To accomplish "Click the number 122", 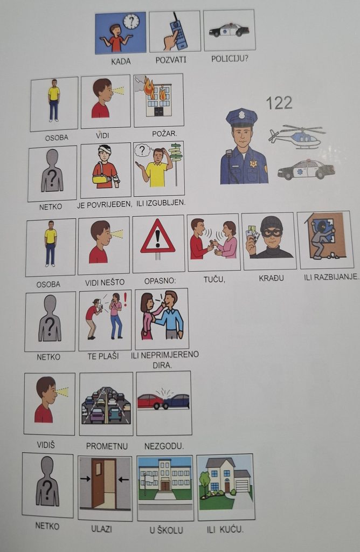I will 279,102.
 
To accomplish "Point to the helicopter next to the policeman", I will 296,137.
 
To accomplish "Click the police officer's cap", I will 241,117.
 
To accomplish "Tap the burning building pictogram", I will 158,100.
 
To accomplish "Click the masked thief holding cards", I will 268,240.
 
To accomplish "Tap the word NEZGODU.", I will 164,445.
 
